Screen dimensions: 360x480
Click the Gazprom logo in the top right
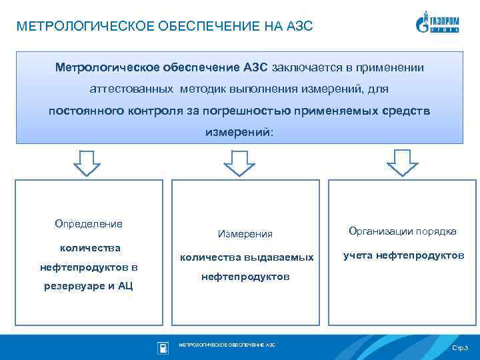pos(441,23)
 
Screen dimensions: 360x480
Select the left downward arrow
pos(87,162)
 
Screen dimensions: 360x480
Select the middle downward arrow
pos(236,162)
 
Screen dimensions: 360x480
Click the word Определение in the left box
pos(83,224)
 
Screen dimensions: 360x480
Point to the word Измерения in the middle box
pos(245,234)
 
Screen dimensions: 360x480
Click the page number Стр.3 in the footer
pos(460,349)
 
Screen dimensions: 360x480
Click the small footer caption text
pos(227,345)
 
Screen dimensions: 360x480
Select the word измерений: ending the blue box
pos(239,131)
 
